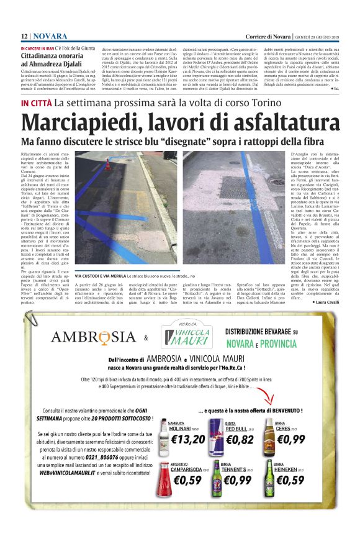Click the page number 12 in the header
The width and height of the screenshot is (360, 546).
(24, 37)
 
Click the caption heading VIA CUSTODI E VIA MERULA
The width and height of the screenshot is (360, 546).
(100, 275)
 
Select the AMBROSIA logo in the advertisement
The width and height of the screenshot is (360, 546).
(93, 337)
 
